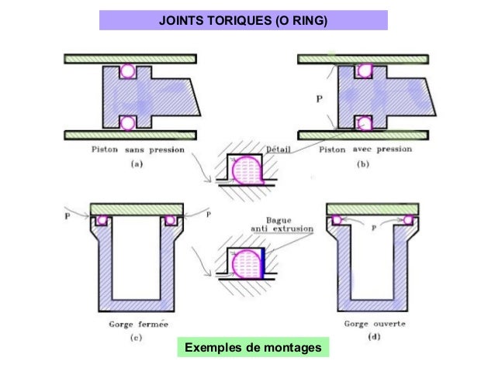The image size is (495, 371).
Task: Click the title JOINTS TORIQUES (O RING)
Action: tap(244, 19)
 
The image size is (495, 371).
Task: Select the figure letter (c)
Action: tap(134, 338)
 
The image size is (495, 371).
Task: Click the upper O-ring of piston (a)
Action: tap(128, 71)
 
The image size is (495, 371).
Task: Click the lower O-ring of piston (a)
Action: tap(128, 122)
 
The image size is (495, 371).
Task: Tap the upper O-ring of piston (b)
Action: tap(362, 72)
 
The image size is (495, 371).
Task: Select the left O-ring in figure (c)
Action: tap(101, 221)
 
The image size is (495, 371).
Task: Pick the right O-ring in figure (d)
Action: tap(409, 220)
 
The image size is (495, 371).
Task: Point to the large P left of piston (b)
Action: tap(320, 100)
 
